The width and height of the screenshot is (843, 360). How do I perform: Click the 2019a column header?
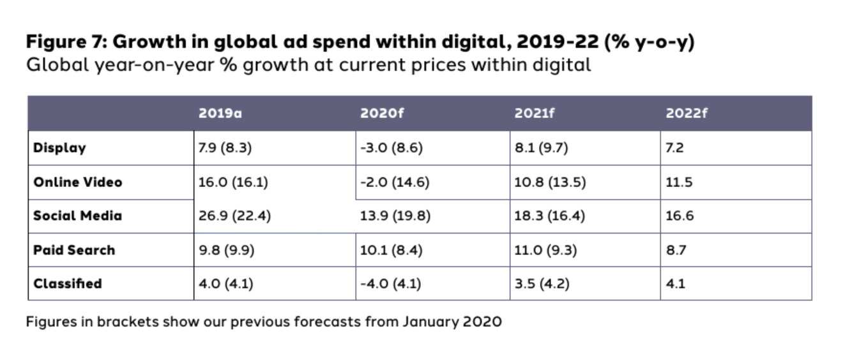pyautogui.click(x=220, y=114)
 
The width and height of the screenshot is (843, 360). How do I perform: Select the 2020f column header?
pyautogui.click(x=383, y=114)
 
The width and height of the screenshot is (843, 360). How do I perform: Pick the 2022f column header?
pyautogui.click(x=687, y=114)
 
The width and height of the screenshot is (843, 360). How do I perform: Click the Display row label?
pyautogui.click(x=59, y=148)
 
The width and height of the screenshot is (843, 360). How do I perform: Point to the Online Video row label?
pyautogui.click(x=77, y=182)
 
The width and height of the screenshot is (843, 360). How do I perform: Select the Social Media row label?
pyautogui.click(x=77, y=216)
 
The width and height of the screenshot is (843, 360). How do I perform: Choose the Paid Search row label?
pyautogui.click(x=74, y=250)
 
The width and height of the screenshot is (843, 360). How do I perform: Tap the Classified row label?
pyautogui.click(x=67, y=283)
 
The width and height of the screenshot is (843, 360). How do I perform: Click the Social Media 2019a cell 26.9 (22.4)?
pyautogui.click(x=234, y=216)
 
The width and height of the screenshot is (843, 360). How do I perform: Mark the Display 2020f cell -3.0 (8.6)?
pyautogui.click(x=391, y=148)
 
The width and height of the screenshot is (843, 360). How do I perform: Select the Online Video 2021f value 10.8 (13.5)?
pyautogui.click(x=550, y=182)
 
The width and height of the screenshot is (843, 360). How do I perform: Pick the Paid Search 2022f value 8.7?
pyautogui.click(x=676, y=250)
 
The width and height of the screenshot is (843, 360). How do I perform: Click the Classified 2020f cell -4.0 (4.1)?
pyautogui.click(x=390, y=283)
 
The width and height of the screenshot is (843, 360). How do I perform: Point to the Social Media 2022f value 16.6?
pyautogui.click(x=680, y=216)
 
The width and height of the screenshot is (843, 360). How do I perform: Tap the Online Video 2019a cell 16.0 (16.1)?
pyautogui.click(x=233, y=182)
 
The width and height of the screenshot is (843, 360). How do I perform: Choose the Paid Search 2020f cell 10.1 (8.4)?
pyautogui.click(x=391, y=250)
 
